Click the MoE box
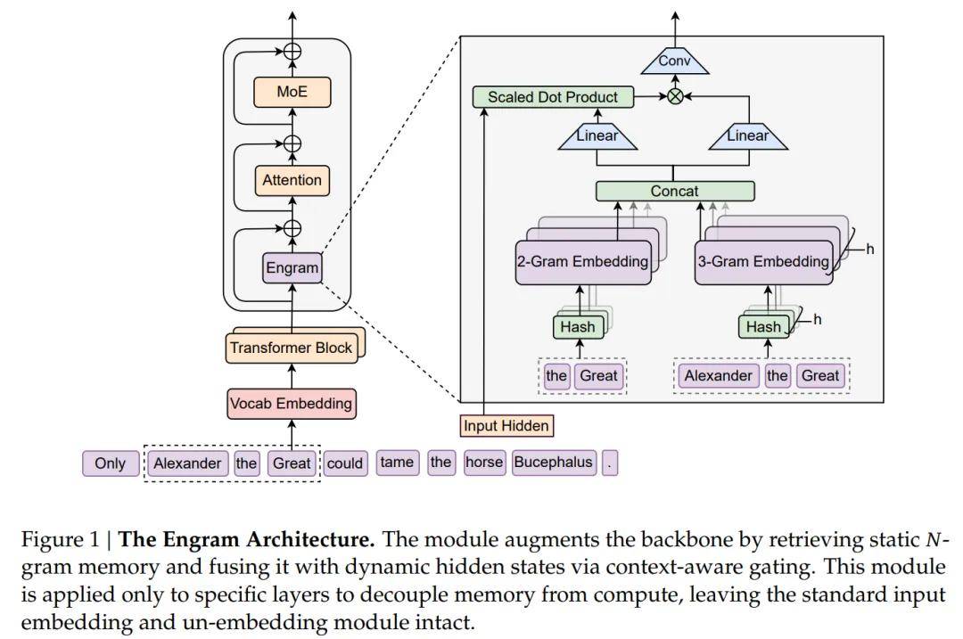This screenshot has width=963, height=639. pyautogui.click(x=292, y=92)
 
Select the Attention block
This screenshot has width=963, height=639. pyautogui.click(x=292, y=180)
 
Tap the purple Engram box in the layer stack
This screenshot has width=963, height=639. pyautogui.click(x=292, y=267)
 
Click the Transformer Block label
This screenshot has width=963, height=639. pyautogui.click(x=292, y=348)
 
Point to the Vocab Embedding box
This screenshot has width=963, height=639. pyautogui.click(x=291, y=403)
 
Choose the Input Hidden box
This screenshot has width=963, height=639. pyautogui.click(x=506, y=426)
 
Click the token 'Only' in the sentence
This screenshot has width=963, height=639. pyautogui.click(x=111, y=463)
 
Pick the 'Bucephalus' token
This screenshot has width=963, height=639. pyautogui.click(x=553, y=463)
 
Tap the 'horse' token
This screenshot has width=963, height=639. pyautogui.click(x=484, y=462)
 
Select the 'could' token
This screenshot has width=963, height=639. pyautogui.click(x=345, y=463)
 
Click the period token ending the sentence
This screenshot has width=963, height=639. pyautogui.click(x=610, y=463)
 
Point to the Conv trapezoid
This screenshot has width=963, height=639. pyautogui.click(x=675, y=61)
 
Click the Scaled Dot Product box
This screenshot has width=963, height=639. pyautogui.click(x=553, y=97)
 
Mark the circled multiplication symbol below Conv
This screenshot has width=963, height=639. pyautogui.click(x=675, y=97)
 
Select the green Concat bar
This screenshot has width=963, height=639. pyautogui.click(x=675, y=191)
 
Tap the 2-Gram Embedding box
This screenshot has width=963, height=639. pyautogui.click(x=583, y=262)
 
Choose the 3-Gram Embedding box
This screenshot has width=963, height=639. pyautogui.click(x=763, y=262)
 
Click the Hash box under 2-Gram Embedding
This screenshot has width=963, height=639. pyautogui.click(x=578, y=327)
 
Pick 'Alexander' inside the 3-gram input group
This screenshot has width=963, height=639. pyautogui.click(x=719, y=375)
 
